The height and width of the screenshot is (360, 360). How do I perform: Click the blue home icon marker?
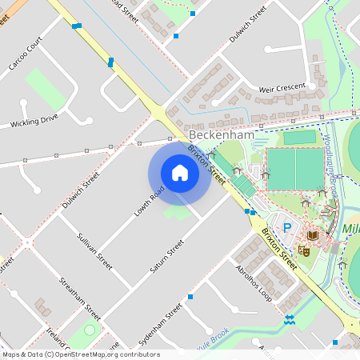180,173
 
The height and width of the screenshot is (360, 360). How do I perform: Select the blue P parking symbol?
287,229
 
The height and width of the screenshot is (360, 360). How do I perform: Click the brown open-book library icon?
312,234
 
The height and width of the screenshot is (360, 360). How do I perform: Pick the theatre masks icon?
304,250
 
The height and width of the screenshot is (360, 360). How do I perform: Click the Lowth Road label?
149,201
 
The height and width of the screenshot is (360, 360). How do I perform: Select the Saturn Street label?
167,255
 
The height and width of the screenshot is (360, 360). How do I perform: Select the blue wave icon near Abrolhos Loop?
290,322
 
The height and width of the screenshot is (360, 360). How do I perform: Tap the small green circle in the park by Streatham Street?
89,329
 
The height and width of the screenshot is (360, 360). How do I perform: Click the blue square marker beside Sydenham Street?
190,297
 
